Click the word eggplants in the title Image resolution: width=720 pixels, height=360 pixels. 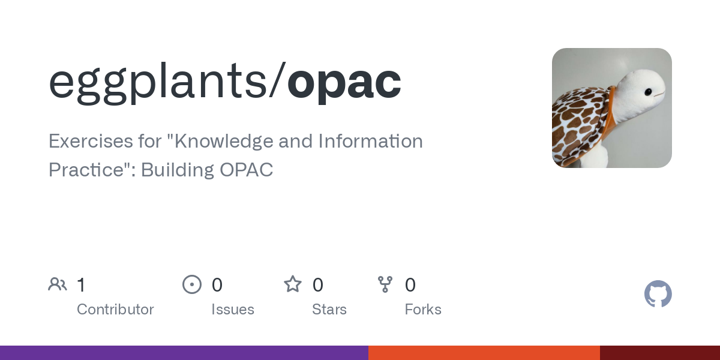click(x=157, y=82)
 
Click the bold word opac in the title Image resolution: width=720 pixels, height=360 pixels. click(x=344, y=82)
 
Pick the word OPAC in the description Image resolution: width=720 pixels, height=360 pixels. click(x=246, y=170)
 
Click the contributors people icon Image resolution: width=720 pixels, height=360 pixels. click(x=58, y=284)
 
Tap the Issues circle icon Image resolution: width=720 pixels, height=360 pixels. click(x=191, y=284)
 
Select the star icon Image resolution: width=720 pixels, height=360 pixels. click(x=293, y=284)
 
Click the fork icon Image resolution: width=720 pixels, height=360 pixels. click(x=385, y=284)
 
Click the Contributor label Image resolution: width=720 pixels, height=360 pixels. click(x=115, y=310)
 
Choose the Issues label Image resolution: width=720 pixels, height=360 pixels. click(x=233, y=310)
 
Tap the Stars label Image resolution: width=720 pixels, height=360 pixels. click(x=329, y=310)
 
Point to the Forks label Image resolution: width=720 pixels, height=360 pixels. click(x=423, y=310)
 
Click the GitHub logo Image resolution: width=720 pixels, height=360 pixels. click(x=658, y=294)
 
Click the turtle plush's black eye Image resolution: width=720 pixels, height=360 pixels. click(x=649, y=92)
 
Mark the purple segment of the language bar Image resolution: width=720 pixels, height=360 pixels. click(x=184, y=353)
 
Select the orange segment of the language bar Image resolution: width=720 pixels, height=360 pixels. click(x=484, y=353)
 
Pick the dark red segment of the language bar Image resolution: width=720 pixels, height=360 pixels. click(x=660, y=353)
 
